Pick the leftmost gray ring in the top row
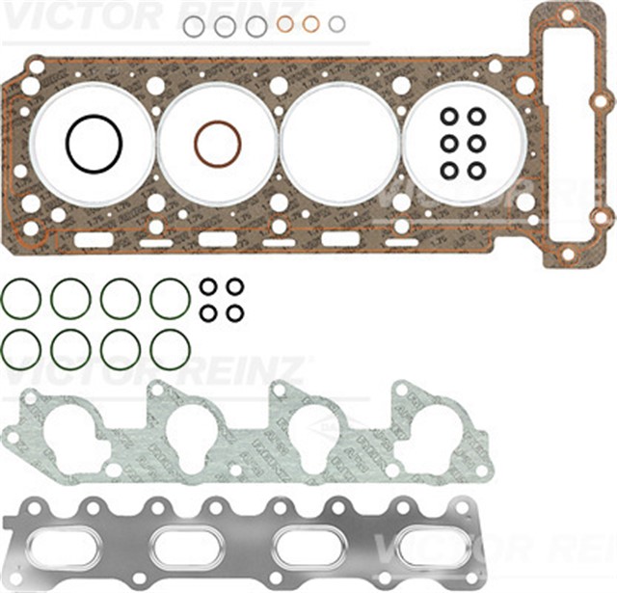194,26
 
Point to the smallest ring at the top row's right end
336,23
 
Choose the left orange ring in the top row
285,24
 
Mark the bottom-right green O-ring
170,349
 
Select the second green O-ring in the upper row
70,298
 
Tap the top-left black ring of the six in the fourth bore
449,117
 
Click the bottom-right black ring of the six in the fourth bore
476,171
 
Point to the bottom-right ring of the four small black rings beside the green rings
234,312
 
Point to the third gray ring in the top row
255,26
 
